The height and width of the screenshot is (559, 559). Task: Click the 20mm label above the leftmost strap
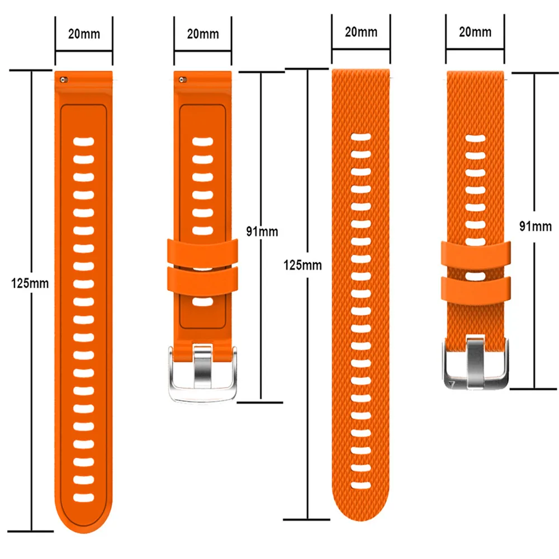click(x=84, y=34)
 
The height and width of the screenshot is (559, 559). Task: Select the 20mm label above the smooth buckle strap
click(x=203, y=34)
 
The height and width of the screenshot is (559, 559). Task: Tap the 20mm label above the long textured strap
click(x=361, y=31)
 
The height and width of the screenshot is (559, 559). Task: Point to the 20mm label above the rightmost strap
click(x=475, y=32)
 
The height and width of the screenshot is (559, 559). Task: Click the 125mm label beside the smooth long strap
click(x=30, y=283)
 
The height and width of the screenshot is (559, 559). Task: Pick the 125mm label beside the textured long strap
click(x=303, y=264)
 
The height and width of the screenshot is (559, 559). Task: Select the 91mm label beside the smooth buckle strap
click(x=262, y=230)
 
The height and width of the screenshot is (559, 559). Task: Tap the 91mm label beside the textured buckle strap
click(x=535, y=226)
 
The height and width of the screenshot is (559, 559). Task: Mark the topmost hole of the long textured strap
click(x=361, y=137)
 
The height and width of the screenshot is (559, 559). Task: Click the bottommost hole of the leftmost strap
click(x=84, y=496)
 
